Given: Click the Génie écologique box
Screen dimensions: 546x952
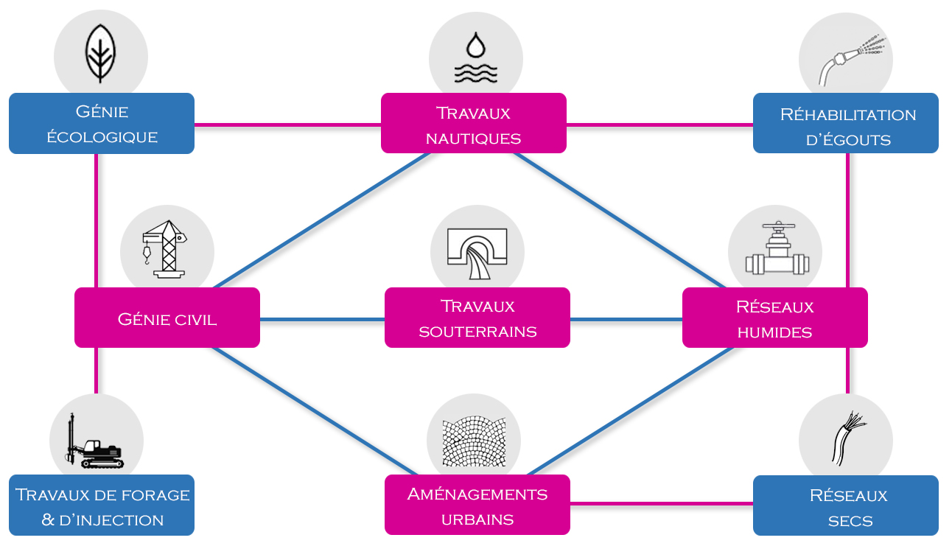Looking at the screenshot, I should tap(102, 123).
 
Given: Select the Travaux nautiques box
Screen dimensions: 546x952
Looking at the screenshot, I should tap(474, 123).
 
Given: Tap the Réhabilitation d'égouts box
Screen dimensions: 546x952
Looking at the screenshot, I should tap(846, 123).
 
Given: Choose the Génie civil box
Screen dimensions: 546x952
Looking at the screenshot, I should tap(167, 318).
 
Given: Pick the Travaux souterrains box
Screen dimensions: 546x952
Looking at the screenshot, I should tap(477, 318).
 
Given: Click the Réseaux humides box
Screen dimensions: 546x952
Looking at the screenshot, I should tap(775, 318).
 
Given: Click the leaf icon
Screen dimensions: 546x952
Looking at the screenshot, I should tap(101, 54).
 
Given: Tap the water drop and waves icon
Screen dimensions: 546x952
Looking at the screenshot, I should tap(476, 57).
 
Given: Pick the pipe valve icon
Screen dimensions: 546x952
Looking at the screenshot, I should tap(776, 251).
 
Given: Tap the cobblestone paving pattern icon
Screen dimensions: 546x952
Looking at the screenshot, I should tap(474, 442).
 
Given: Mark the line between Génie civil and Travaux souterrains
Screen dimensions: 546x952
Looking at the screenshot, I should tap(322, 320).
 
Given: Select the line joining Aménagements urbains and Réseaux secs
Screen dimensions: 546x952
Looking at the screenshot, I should tap(661, 504).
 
